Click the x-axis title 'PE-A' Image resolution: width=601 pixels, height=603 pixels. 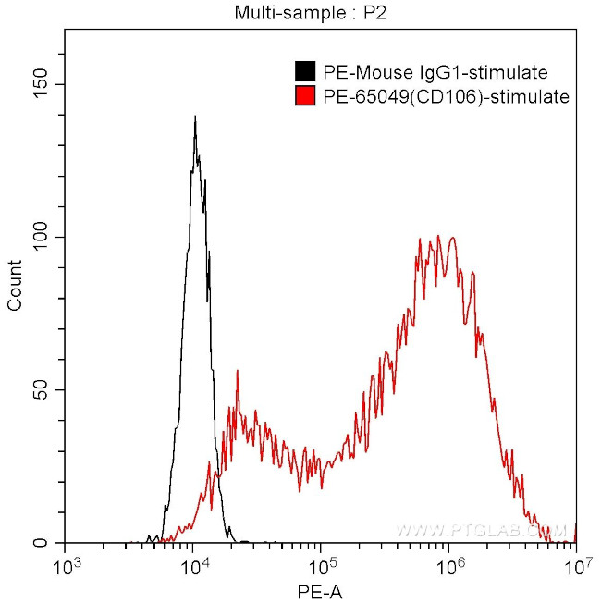tap(320, 589)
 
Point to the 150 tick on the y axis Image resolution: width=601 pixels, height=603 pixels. tap(43, 84)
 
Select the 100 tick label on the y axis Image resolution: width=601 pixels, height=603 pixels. tap(43, 237)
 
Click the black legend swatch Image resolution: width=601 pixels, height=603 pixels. tap(304, 72)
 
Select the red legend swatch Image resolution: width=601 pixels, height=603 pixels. tap(304, 95)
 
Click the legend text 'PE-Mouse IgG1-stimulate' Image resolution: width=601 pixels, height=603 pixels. tap(435, 72)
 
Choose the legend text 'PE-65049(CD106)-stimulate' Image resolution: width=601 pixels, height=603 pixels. tap(444, 95)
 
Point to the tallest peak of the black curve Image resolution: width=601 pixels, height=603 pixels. tap(195, 117)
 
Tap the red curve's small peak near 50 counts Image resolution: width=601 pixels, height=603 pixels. tap(238, 372)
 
